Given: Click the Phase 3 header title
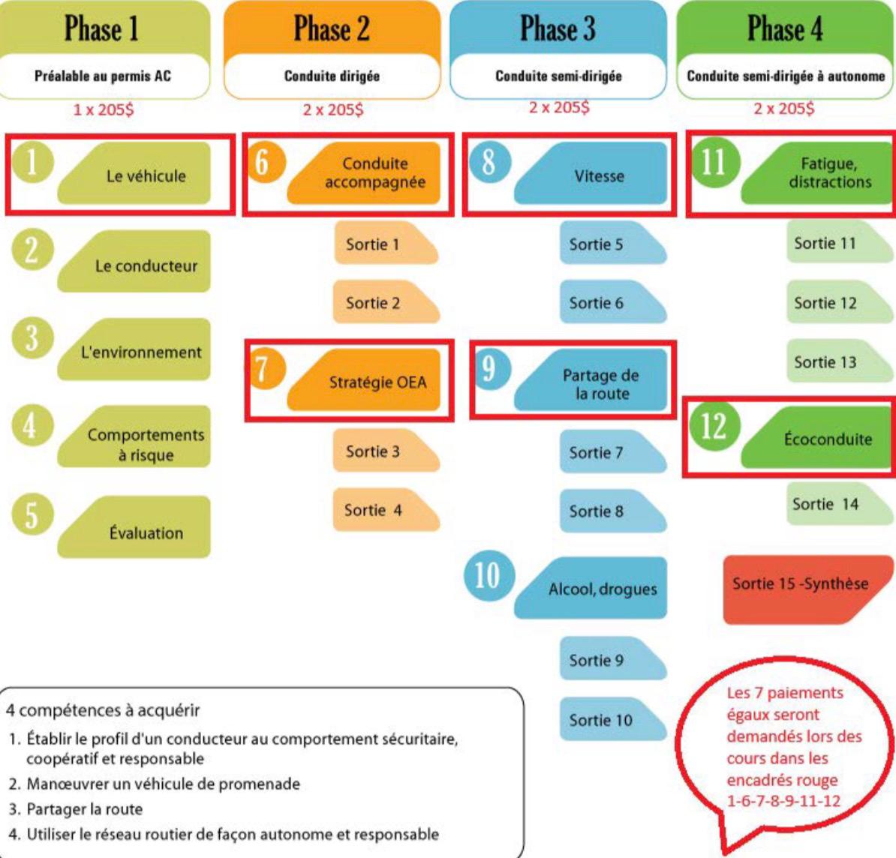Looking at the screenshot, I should (x=558, y=29).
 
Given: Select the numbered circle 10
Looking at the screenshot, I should (x=488, y=576).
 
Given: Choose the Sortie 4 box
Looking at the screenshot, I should (x=381, y=511).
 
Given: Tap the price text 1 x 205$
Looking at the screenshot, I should (x=103, y=109).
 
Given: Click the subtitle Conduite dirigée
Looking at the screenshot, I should (x=332, y=76).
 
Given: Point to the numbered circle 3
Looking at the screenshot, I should (x=32, y=337).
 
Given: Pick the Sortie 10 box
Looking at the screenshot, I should (x=606, y=720).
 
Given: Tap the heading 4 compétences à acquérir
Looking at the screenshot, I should (x=103, y=709).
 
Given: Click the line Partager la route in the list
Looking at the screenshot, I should (x=84, y=808).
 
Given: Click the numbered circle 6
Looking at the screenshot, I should (x=263, y=161).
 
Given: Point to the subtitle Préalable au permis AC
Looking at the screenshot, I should (x=103, y=76).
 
